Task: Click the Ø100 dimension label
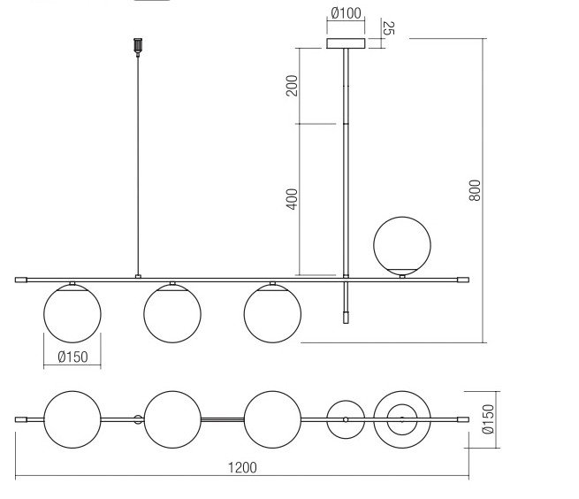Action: [346, 13]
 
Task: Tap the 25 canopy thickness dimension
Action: [388, 28]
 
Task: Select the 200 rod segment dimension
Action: [292, 86]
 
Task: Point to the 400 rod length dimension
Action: [292, 199]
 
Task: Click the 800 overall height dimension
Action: [475, 190]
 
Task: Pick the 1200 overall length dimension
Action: [242, 467]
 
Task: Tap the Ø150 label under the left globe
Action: [73, 357]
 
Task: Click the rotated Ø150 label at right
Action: [488, 419]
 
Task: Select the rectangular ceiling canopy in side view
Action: [346, 43]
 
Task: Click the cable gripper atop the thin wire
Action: [138, 46]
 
